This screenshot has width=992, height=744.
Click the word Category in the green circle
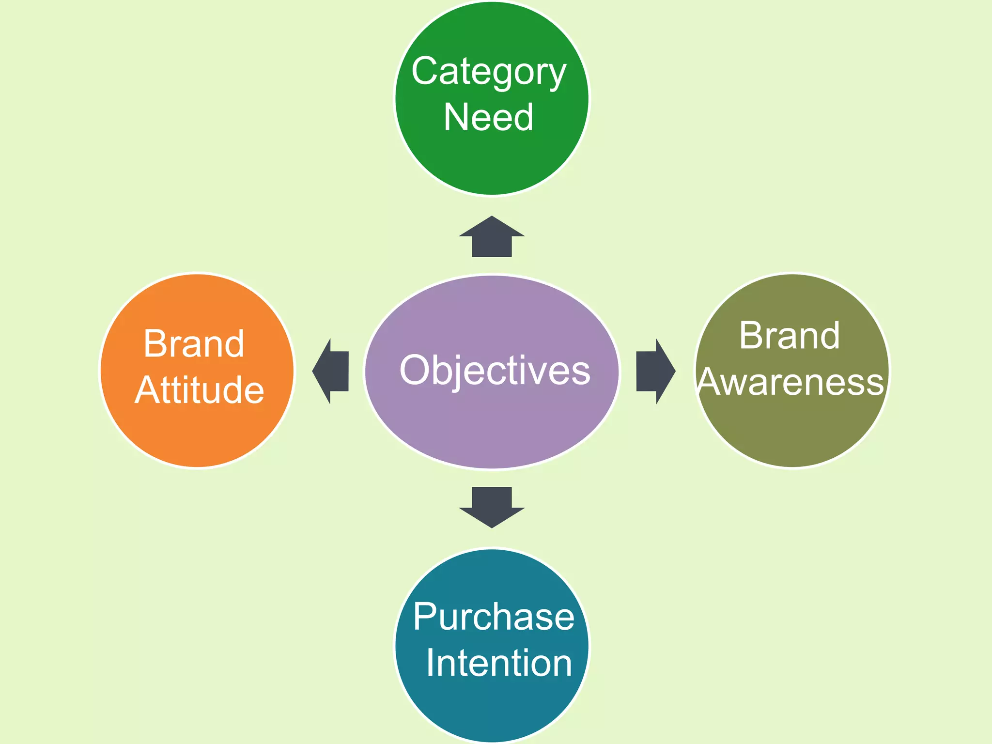[x=488, y=72]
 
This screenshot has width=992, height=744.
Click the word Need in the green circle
[x=488, y=117]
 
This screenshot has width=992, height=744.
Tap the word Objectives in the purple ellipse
[x=495, y=371]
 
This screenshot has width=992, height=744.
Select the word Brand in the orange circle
[x=194, y=344]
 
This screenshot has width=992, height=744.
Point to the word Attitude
[x=200, y=390]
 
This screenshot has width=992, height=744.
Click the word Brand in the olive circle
[x=789, y=336]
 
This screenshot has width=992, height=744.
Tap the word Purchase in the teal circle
[x=494, y=617]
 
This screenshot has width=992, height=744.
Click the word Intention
[x=499, y=663]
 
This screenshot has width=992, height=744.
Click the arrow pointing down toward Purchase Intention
[x=492, y=507]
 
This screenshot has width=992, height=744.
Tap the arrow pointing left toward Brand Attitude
[x=331, y=371]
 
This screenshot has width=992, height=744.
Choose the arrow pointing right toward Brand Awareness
[x=654, y=371]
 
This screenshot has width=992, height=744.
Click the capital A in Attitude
[x=148, y=390]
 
